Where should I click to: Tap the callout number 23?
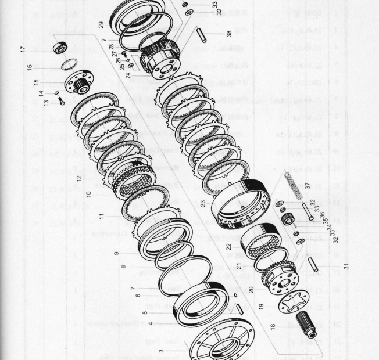tap(203, 203)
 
